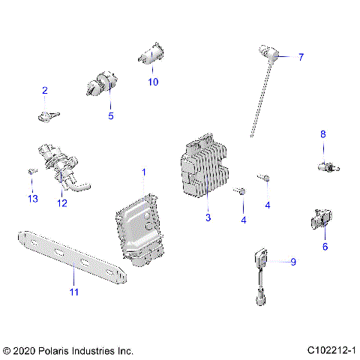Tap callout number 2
click(44, 91)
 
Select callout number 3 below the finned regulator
click(208, 218)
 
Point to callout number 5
click(110, 116)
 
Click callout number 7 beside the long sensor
click(301, 57)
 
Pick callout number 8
click(323, 134)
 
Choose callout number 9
click(293, 262)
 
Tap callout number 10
click(153, 82)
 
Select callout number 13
click(32, 198)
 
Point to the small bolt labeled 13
click(31, 172)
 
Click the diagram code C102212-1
click(331, 350)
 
